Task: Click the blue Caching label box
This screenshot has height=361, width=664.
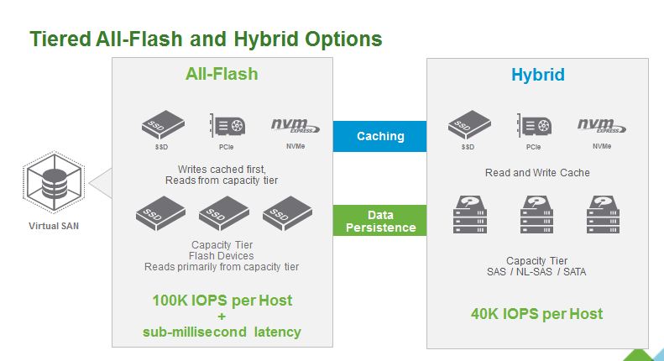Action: click(380, 136)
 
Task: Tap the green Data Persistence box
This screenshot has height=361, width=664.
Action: click(380, 221)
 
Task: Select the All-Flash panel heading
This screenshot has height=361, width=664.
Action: click(222, 74)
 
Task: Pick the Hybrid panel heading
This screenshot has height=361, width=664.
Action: click(537, 75)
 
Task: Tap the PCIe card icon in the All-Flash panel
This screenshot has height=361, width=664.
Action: click(227, 125)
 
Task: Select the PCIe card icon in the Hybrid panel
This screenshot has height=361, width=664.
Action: click(534, 125)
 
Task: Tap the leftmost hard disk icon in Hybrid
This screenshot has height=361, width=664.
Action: click(470, 215)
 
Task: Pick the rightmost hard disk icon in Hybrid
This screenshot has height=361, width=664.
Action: click(602, 215)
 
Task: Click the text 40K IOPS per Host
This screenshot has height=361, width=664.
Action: click(537, 314)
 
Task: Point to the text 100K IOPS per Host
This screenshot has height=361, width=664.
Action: click(222, 300)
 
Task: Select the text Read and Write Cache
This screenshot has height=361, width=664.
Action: click(537, 173)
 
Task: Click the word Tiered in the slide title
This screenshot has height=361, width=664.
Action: click(60, 39)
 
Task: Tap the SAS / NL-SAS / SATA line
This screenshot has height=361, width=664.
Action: click(537, 272)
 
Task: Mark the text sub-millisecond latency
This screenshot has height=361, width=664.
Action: click(222, 332)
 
